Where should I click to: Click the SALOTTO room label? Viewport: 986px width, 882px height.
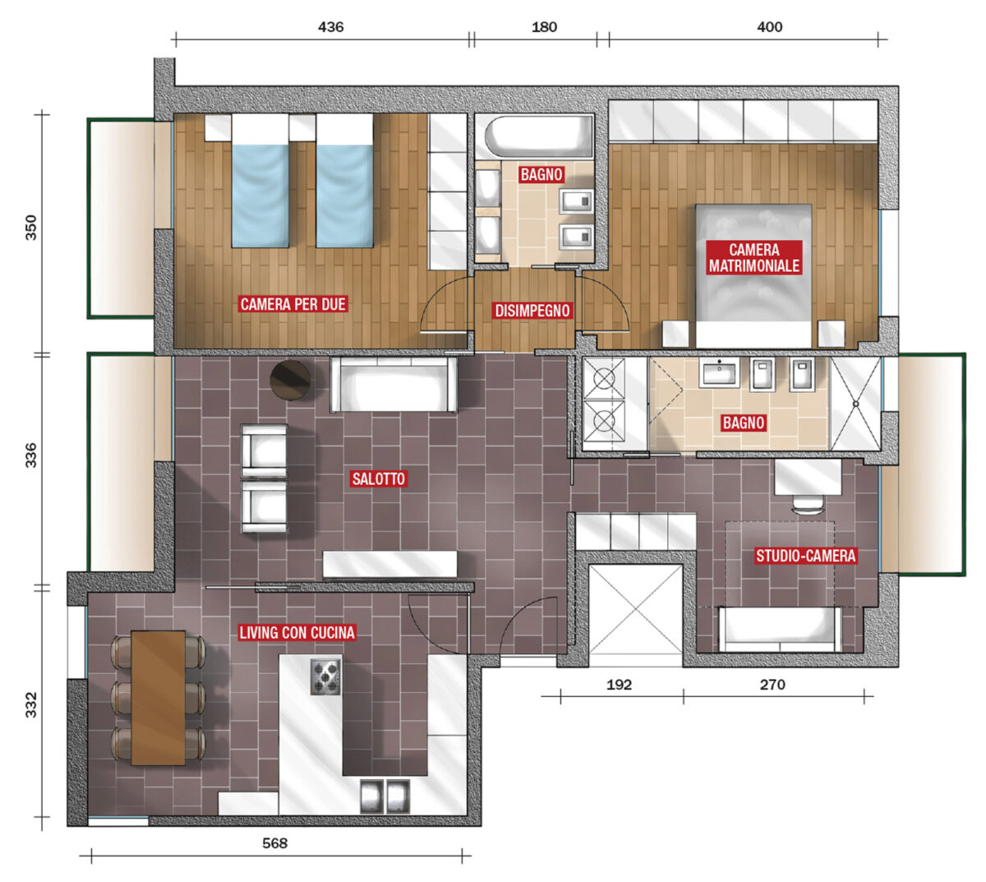coord(378,478)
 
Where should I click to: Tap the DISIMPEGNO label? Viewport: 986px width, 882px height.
coord(532,311)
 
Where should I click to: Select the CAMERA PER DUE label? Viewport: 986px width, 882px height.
coord(293,304)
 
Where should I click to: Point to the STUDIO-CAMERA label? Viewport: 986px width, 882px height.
coord(805,556)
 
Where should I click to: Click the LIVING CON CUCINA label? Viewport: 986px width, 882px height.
coord(297,633)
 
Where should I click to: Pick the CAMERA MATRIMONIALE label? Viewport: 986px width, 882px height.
coord(753,257)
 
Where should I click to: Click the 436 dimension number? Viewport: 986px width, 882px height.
coord(330,27)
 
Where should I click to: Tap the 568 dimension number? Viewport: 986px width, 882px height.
coord(274,843)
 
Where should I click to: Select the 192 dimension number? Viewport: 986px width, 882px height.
coord(619,685)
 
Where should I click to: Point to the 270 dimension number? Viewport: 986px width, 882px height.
coord(772,685)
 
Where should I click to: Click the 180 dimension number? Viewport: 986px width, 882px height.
coord(544,27)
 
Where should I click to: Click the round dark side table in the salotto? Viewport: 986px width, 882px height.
coord(291,380)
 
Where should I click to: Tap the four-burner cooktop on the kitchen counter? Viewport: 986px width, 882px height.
coord(325,677)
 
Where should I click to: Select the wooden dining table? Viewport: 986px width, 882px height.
coord(158,698)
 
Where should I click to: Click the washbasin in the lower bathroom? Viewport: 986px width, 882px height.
coord(719,373)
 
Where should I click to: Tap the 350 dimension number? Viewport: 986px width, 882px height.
coord(30,227)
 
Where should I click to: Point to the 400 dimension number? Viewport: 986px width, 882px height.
coord(769,27)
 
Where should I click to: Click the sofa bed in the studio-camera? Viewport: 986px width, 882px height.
coord(780,629)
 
